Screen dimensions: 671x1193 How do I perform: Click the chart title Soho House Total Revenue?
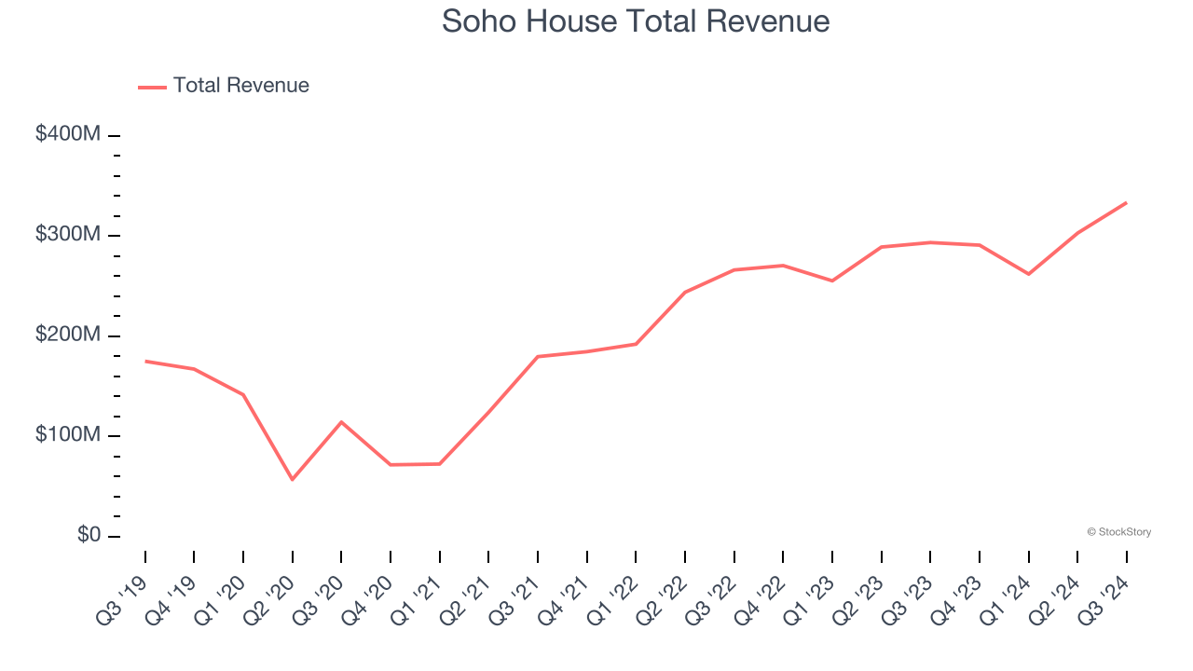[636, 21]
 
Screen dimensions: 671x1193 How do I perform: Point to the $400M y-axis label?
[68, 134]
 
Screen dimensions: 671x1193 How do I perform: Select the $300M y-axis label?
[68, 235]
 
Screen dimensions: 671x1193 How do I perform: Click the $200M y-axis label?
[68, 335]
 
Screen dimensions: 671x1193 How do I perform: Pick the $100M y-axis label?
[68, 436]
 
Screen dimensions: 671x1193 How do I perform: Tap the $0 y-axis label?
[88, 536]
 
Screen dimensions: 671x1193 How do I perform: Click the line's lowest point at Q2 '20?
[293, 479]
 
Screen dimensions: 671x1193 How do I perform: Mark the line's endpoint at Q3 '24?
[1126, 202]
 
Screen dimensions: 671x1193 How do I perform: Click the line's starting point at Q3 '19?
[145, 361]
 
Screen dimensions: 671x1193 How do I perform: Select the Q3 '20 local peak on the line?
[341, 422]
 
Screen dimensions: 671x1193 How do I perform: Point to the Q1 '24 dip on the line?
[1028, 274]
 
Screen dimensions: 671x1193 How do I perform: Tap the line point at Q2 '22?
[685, 292]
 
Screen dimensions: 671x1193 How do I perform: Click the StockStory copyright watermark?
[1118, 532]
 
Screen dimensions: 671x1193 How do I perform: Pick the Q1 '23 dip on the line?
[831, 281]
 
